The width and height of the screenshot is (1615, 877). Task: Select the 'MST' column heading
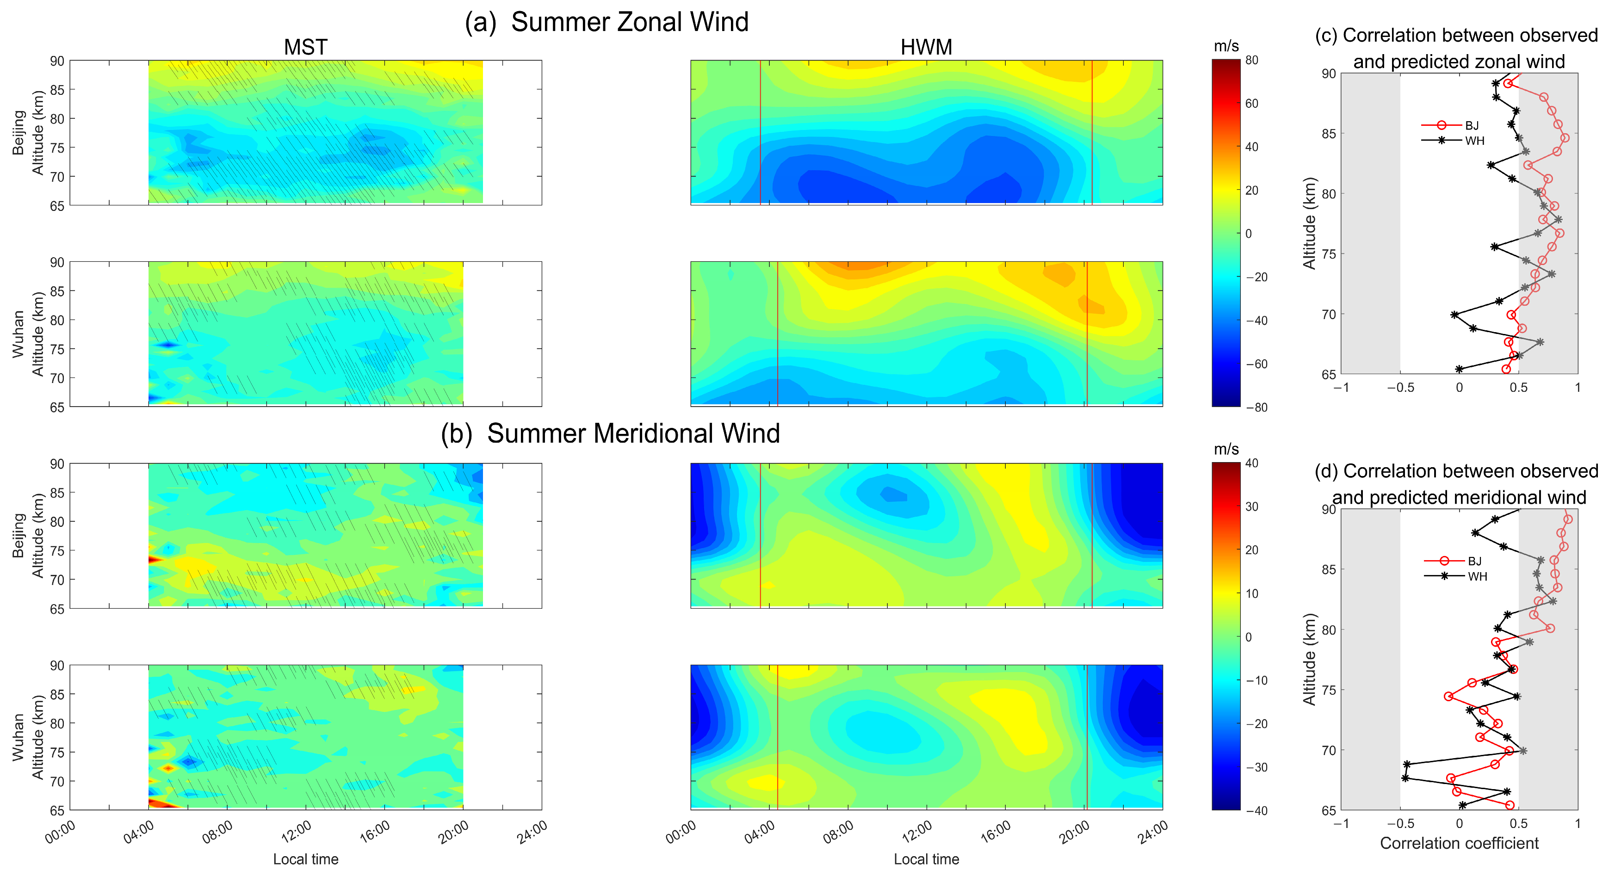(305, 47)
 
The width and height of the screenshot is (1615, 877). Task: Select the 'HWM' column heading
(926, 47)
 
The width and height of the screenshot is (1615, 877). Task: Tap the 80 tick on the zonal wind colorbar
(1252, 60)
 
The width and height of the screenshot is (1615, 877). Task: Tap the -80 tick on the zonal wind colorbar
(1256, 407)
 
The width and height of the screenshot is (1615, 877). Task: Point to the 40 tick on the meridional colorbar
(1252, 463)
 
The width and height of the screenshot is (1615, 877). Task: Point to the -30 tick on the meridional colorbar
(1256, 767)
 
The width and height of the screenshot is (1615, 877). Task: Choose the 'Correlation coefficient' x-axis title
(1459, 843)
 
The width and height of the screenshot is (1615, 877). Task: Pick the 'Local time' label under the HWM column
(926, 859)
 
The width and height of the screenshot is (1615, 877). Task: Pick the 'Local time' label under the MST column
(305, 859)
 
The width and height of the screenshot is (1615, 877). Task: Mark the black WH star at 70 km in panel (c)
(1454, 315)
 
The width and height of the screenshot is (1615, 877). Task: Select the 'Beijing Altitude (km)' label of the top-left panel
(28, 133)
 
